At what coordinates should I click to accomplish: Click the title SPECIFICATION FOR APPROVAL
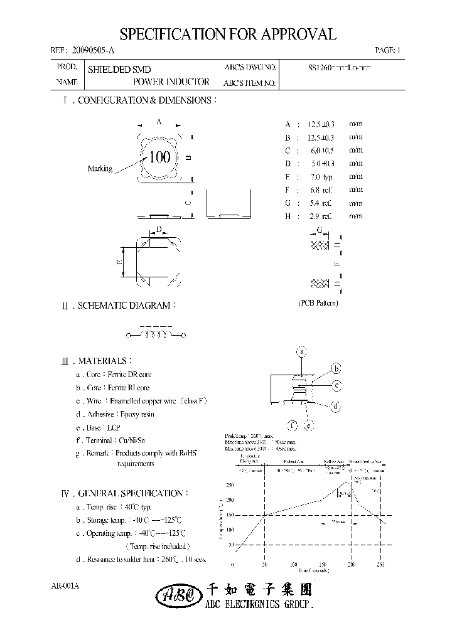click(227, 34)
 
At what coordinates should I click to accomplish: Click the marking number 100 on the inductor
click(160, 157)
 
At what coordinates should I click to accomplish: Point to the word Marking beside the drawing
click(100, 169)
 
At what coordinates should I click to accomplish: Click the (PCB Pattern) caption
click(318, 303)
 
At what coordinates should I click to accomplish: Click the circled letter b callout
click(336, 368)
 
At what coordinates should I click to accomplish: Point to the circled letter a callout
click(302, 352)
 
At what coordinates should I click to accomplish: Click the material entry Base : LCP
click(98, 427)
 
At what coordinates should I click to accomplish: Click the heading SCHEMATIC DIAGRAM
click(124, 306)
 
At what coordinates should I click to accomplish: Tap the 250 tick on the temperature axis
click(230, 485)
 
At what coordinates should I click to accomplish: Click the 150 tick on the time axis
click(323, 565)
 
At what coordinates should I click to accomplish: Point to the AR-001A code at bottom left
click(65, 586)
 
